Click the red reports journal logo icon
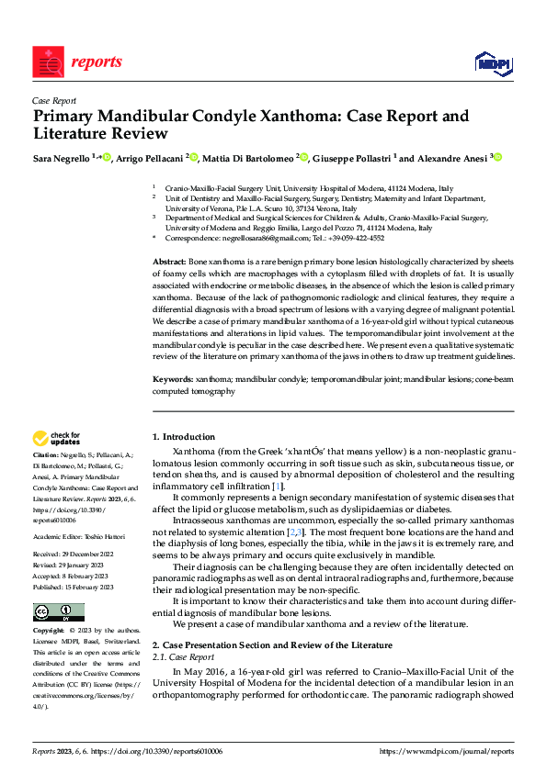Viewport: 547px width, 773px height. [x=48, y=62]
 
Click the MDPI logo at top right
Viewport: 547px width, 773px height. [x=495, y=62]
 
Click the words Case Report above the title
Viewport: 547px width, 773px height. [x=54, y=101]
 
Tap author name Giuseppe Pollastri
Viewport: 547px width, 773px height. [x=352, y=158]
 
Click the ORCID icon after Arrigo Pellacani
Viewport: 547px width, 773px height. [x=192, y=158]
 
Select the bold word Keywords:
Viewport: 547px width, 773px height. [x=173, y=378]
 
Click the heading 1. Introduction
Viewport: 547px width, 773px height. [x=184, y=436]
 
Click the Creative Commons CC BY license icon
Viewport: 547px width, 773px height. [x=58, y=612]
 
